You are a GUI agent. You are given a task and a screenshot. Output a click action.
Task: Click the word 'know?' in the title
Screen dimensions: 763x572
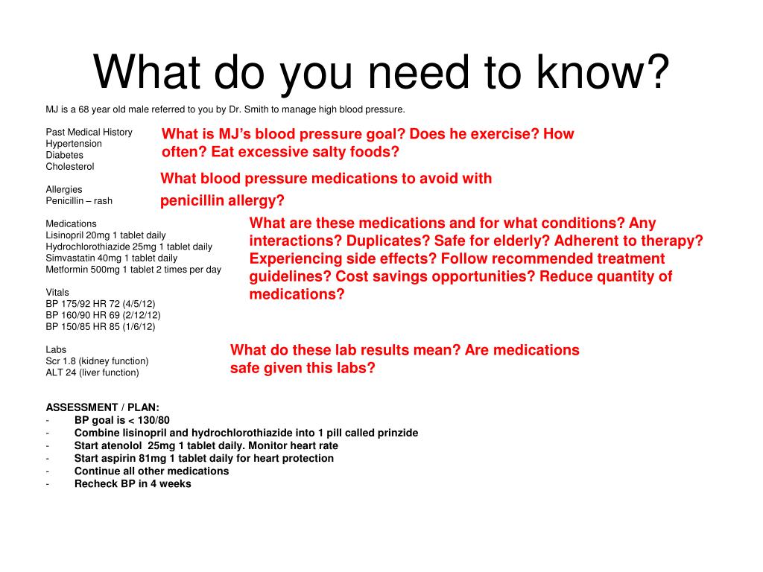[x=603, y=72]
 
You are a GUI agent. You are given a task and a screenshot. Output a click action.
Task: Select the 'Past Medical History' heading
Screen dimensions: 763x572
[x=89, y=133]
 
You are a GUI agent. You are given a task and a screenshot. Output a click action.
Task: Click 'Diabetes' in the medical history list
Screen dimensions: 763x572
[x=64, y=155]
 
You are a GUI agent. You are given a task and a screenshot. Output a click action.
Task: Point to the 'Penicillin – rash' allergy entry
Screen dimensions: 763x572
[x=79, y=201]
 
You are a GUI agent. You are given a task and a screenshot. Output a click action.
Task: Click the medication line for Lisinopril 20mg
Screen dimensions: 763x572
[x=106, y=235]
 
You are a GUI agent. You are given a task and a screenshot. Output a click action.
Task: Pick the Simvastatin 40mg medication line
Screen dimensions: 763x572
[x=112, y=258]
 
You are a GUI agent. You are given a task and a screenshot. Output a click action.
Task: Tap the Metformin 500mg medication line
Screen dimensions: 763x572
[x=133, y=270]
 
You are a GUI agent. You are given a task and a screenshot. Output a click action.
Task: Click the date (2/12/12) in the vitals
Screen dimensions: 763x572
[x=143, y=315]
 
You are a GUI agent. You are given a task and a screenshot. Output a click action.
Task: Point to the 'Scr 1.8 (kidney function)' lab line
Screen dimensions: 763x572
[x=97, y=361]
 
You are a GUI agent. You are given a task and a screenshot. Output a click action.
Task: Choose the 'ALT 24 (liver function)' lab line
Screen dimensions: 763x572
[x=92, y=372]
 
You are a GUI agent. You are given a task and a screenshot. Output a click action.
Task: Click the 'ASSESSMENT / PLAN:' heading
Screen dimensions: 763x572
[x=102, y=407]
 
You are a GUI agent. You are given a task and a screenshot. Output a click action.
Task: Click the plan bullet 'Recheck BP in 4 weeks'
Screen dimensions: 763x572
[x=133, y=484]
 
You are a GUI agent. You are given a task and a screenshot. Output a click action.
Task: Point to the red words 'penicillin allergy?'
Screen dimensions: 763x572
[x=222, y=200]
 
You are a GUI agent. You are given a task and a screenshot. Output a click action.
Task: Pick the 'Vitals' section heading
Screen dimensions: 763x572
[x=57, y=292]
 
